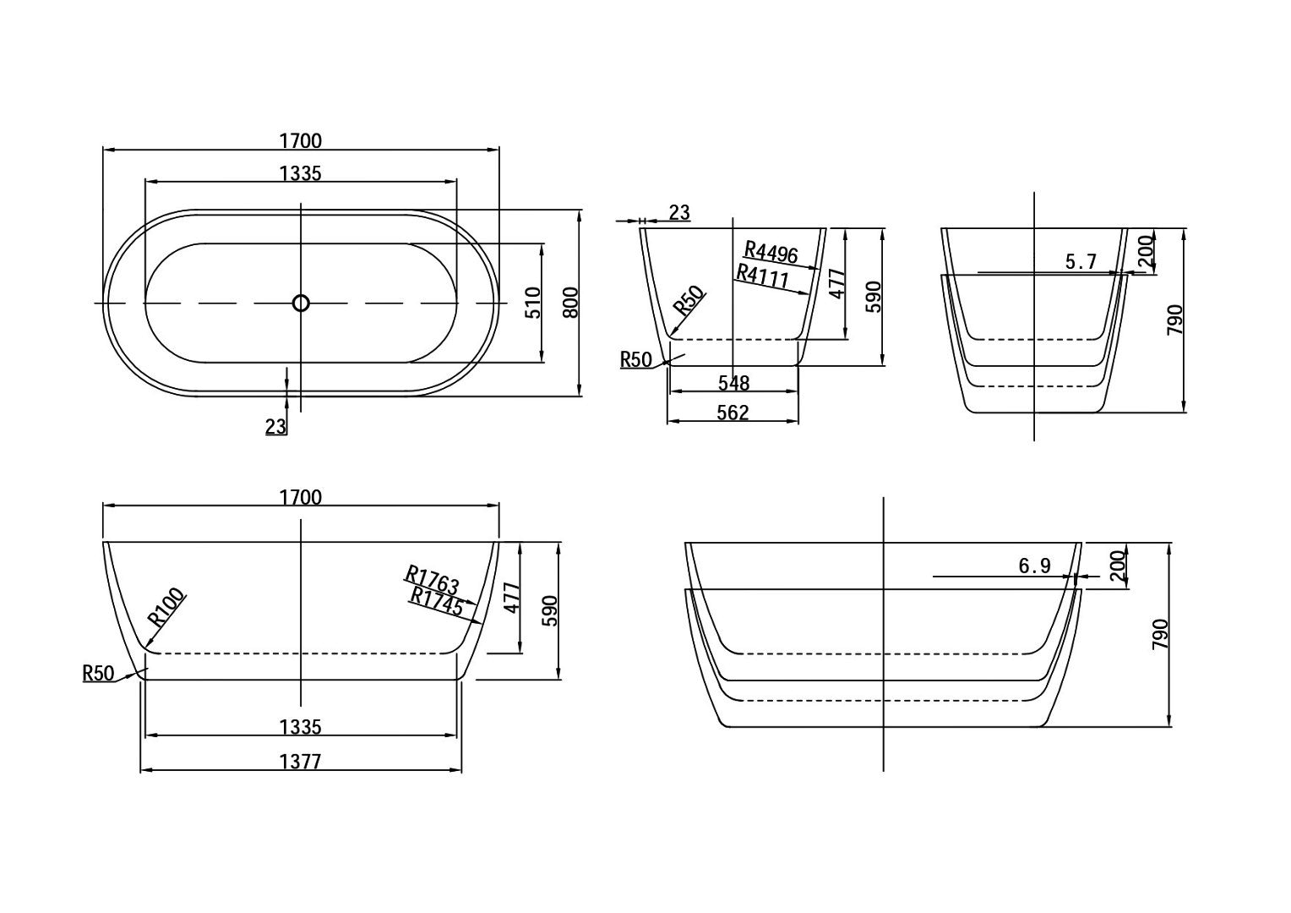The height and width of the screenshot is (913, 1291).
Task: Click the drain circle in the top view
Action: tap(301, 303)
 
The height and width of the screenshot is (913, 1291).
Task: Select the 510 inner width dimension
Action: tap(533, 303)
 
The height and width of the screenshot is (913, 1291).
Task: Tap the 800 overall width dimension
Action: tap(570, 302)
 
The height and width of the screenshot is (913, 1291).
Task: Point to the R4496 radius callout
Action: tap(771, 252)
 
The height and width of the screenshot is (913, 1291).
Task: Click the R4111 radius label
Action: tap(762, 276)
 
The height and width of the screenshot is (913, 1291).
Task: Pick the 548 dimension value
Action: tap(733, 383)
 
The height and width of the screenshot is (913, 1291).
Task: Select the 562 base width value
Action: tap(733, 413)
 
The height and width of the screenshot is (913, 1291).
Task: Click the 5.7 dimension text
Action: tap(1081, 262)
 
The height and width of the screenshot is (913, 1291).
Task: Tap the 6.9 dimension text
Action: tap(1034, 566)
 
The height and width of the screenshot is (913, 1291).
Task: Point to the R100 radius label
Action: tap(166, 607)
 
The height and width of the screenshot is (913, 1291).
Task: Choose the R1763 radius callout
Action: tap(433, 579)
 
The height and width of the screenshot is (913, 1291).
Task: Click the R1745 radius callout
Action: tap(436, 602)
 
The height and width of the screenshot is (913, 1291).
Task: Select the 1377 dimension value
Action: tap(300, 762)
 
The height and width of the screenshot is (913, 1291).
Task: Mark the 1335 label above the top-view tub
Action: tap(300, 173)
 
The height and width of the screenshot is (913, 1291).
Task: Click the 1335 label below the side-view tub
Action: tap(300, 727)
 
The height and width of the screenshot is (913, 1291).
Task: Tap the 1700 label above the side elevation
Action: tap(300, 497)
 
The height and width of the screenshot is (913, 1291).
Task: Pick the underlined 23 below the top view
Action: tap(275, 426)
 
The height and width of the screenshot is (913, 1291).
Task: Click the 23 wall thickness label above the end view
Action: tap(679, 213)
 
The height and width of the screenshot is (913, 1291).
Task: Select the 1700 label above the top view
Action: tap(300, 140)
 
